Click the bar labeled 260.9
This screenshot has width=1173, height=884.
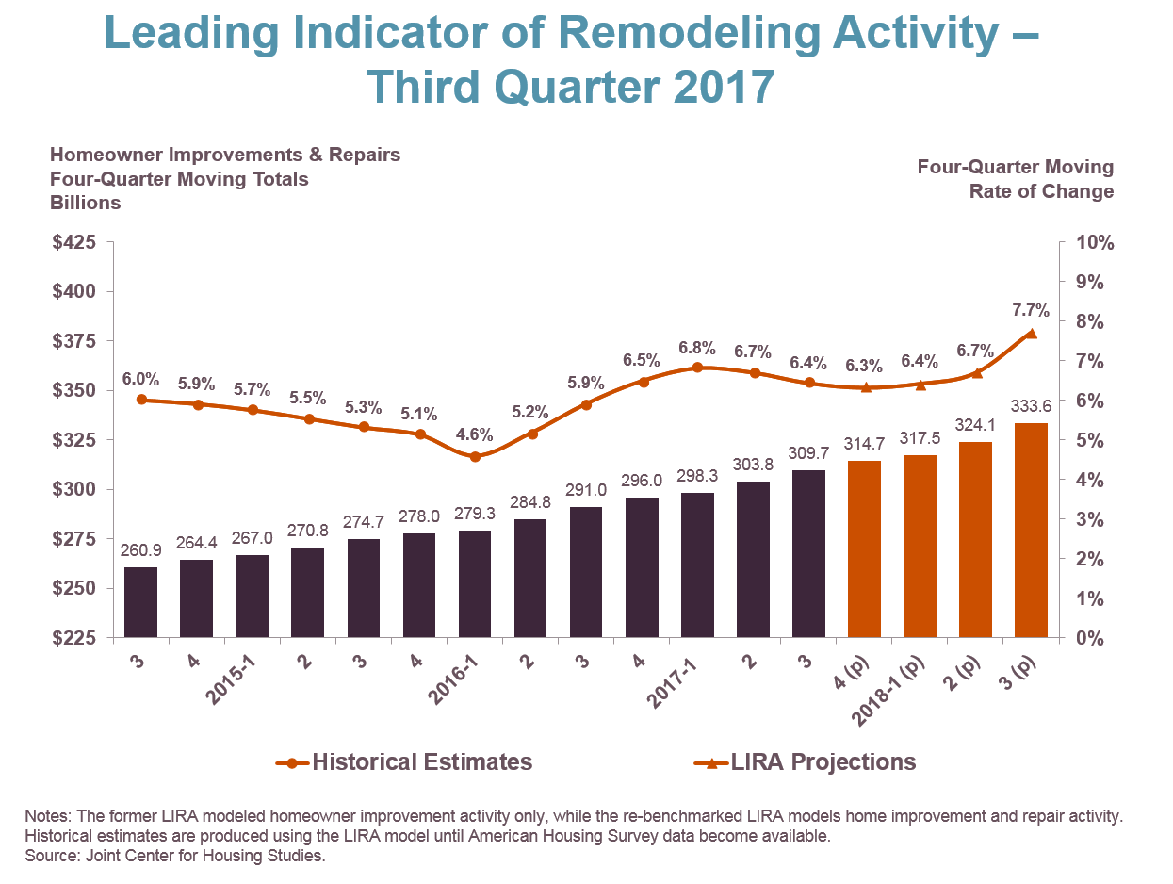pos(141,601)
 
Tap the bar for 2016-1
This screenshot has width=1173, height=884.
pos(475,583)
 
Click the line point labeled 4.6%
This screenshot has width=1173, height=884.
pos(475,457)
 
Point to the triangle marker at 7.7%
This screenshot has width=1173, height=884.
pos(1031,334)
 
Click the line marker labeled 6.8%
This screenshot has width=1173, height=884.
pos(697,368)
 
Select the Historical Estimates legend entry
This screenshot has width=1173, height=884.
pos(405,761)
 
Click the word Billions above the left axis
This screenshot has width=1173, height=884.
pos(86,203)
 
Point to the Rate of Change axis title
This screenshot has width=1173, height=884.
pos(1041,191)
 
